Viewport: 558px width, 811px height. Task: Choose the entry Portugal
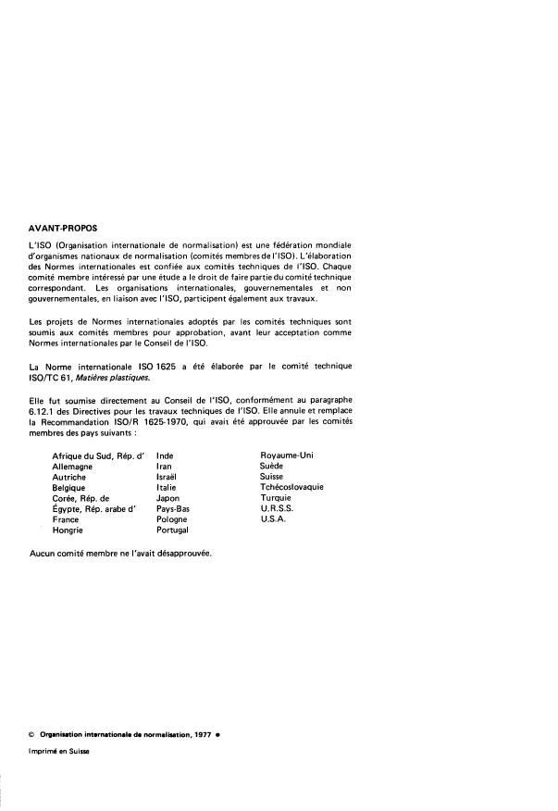pyautogui.click(x=173, y=531)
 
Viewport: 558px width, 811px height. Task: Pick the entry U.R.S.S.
pyautogui.click(x=279, y=509)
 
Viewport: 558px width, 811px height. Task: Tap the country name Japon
pyautogui.click(x=168, y=498)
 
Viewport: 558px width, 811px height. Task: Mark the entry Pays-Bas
pyautogui.click(x=174, y=509)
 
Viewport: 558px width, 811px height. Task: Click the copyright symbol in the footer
pyautogui.click(x=32, y=734)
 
